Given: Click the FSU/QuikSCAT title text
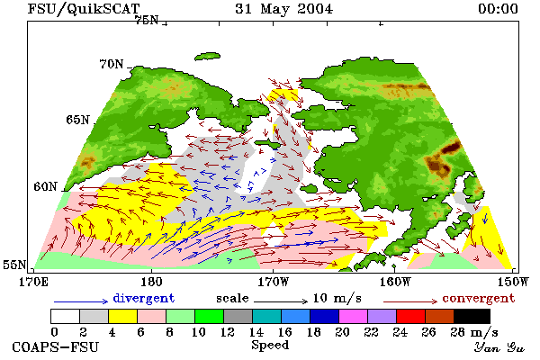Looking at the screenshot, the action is click(84, 9).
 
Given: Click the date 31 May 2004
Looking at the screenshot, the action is click(284, 9).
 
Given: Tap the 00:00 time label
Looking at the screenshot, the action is click(498, 9).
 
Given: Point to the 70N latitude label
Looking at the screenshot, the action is click(112, 64).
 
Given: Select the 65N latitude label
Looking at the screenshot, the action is click(77, 120).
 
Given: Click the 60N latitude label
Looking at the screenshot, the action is click(45, 186).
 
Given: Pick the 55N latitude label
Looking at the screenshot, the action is click(14, 265).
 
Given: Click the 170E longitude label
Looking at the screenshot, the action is click(33, 282).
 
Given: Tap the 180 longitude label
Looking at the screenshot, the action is click(151, 282).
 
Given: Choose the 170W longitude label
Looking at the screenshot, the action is click(274, 282).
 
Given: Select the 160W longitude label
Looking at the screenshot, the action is click(395, 282).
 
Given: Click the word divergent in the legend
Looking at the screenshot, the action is click(144, 298).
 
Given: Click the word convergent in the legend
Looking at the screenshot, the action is click(479, 298).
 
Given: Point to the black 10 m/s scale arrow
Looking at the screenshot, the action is click(281, 301).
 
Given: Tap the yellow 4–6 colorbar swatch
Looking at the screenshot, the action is click(123, 316).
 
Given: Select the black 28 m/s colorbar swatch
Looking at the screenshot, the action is click(472, 316).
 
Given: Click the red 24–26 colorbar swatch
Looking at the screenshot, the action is click(411, 316).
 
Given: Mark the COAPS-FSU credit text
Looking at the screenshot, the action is click(56, 346).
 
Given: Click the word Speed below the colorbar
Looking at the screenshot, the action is click(270, 346).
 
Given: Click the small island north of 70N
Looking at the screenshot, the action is click(207, 57).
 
